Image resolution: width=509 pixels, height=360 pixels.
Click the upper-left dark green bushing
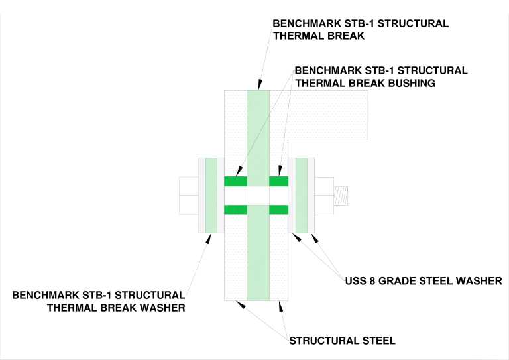tap(236, 181)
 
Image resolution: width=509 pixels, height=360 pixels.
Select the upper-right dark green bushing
tap(279, 181)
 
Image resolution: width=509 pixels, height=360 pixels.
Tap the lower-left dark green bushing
tap(236, 210)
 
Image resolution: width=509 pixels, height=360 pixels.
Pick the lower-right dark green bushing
tap(279, 210)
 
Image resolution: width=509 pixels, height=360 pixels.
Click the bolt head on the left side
tap(189, 196)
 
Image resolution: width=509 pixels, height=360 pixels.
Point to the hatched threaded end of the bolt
tap(341, 196)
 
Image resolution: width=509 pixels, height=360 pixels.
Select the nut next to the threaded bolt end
tap(324, 196)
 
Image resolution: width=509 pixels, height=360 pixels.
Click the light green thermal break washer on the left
tap(211, 196)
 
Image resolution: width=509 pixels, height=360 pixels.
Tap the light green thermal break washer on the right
tap(302, 196)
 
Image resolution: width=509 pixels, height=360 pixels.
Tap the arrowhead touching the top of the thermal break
tap(260, 84)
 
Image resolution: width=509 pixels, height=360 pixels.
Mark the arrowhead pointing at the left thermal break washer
tap(209, 239)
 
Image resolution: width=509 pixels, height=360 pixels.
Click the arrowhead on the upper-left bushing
tap(239, 171)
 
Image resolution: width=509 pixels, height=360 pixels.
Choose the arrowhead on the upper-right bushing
tap(280, 171)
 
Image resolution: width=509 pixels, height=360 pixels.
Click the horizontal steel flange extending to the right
tap(328, 115)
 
